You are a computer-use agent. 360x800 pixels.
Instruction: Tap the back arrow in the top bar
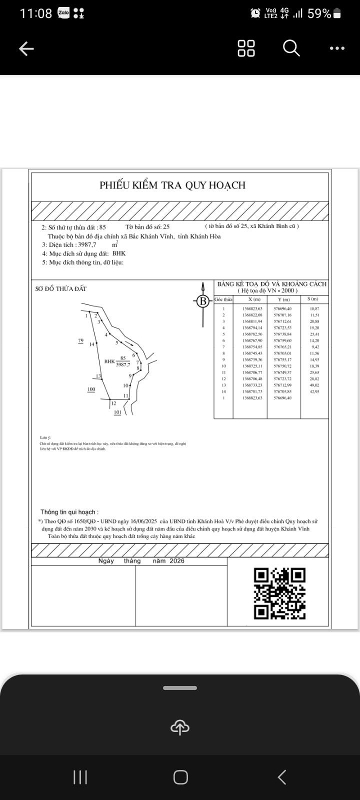click(x=26, y=48)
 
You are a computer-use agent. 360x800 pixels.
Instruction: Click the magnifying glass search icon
click(x=291, y=48)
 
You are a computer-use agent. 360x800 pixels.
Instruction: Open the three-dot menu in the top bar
click(x=337, y=48)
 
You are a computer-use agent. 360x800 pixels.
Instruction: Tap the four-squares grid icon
click(x=246, y=48)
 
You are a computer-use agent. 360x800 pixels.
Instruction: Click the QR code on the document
click(x=279, y=593)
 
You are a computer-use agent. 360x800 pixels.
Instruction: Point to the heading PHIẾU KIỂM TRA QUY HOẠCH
click(x=172, y=185)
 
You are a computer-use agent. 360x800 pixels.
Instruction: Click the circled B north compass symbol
click(x=202, y=301)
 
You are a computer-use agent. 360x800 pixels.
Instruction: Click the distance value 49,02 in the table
click(x=314, y=385)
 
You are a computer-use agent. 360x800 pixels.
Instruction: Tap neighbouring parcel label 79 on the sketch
click(x=80, y=340)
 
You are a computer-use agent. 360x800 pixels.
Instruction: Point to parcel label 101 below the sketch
click(x=117, y=412)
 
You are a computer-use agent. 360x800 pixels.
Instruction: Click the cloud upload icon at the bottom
click(x=180, y=727)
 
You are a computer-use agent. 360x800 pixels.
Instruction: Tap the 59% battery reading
click(x=319, y=13)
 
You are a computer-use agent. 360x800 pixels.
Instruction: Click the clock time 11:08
click(x=35, y=13)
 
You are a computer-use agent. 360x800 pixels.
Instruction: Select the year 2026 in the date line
click(x=177, y=561)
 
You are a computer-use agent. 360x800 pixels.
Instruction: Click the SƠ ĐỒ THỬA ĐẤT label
click(x=61, y=289)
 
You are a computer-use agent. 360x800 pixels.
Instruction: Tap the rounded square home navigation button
click(x=180, y=777)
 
